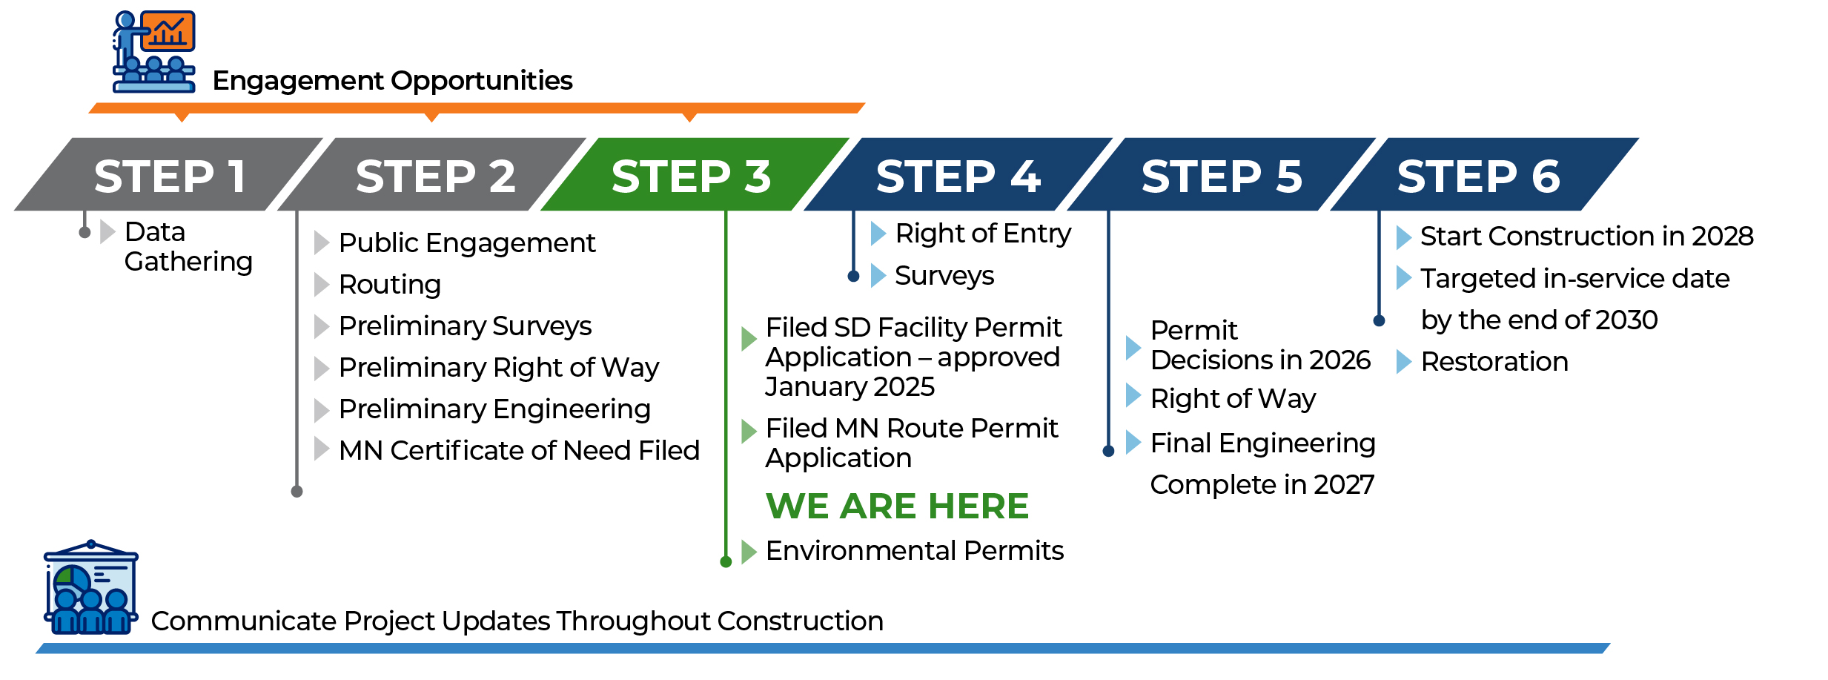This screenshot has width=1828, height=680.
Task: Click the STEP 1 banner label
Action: pos(170,176)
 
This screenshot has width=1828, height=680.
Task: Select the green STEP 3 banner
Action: pos(695,174)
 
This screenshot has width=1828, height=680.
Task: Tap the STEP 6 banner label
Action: pos(1479,176)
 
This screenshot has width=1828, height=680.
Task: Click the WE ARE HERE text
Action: pos(897,506)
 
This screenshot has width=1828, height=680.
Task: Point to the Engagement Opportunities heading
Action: pos(392,81)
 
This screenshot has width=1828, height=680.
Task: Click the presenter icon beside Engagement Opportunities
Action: pos(154,51)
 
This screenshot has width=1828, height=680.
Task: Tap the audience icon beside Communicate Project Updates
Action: pos(91,587)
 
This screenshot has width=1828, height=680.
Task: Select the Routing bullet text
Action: pos(390,285)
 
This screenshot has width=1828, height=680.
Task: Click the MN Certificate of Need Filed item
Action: pos(519,450)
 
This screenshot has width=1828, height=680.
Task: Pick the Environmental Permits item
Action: pos(914,551)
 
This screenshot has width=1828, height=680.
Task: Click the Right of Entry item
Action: pos(983,234)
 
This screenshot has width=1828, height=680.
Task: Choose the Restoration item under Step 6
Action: pos(1494,362)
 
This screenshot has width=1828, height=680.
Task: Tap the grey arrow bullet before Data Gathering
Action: pos(107,231)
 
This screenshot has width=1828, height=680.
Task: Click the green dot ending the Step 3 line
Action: pos(726,562)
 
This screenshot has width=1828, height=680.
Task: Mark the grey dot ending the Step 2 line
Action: pos(297,492)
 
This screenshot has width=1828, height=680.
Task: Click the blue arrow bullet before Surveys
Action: pos(878,276)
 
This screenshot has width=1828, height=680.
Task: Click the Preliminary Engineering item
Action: pos(494,409)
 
